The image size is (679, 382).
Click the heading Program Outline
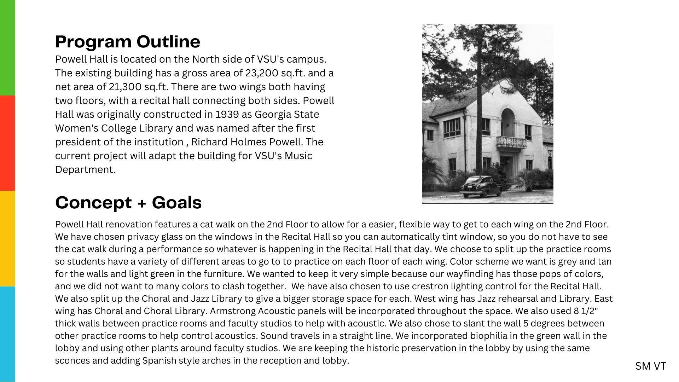(x=128, y=42)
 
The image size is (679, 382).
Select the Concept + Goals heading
(x=128, y=203)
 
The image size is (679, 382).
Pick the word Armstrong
(x=237, y=311)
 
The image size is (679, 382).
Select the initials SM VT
(x=650, y=366)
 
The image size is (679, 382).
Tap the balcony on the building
(x=511, y=142)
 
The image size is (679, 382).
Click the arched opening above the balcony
(x=508, y=122)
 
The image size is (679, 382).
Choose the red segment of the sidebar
(x=7, y=143)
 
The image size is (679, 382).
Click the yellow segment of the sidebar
(x=7, y=238)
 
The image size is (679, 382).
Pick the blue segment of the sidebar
(x=7, y=334)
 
